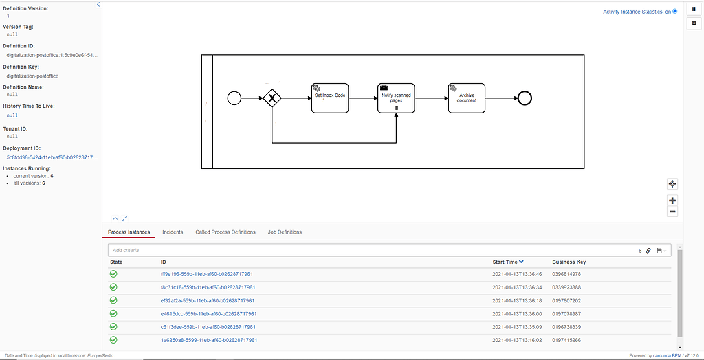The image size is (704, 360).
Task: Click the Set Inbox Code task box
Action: (330, 98)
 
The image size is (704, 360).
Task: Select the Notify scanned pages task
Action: (397, 98)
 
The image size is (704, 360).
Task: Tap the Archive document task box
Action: (467, 98)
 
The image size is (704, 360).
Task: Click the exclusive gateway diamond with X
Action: (272, 98)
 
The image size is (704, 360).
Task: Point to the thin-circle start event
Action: (234, 98)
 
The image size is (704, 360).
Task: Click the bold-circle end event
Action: (525, 98)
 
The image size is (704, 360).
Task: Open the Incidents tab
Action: (173, 232)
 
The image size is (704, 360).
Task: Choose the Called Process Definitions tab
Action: (225, 232)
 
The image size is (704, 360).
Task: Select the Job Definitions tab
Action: (285, 232)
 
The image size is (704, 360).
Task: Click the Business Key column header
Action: (569, 262)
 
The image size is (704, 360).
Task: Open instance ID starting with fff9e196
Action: (208, 274)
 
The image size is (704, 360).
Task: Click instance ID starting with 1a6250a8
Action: (208, 340)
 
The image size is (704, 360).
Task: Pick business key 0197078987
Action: (567, 314)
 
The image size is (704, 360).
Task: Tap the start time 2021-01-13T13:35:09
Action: (517, 327)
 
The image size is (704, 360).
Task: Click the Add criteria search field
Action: (371, 251)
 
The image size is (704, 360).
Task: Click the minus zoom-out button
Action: (672, 212)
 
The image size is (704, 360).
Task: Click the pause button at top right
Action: (694, 8)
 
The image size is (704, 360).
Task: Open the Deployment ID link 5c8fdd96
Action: (52, 157)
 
